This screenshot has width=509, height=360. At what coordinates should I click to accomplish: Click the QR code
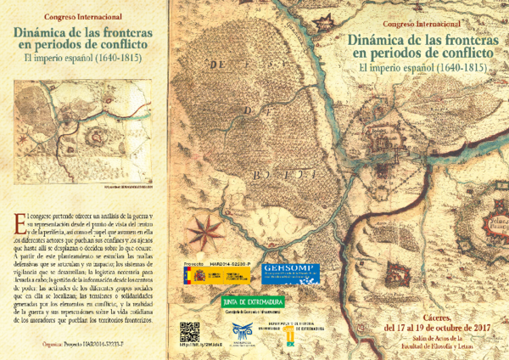(189, 333)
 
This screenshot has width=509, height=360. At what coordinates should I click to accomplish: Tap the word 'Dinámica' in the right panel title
(378, 38)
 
